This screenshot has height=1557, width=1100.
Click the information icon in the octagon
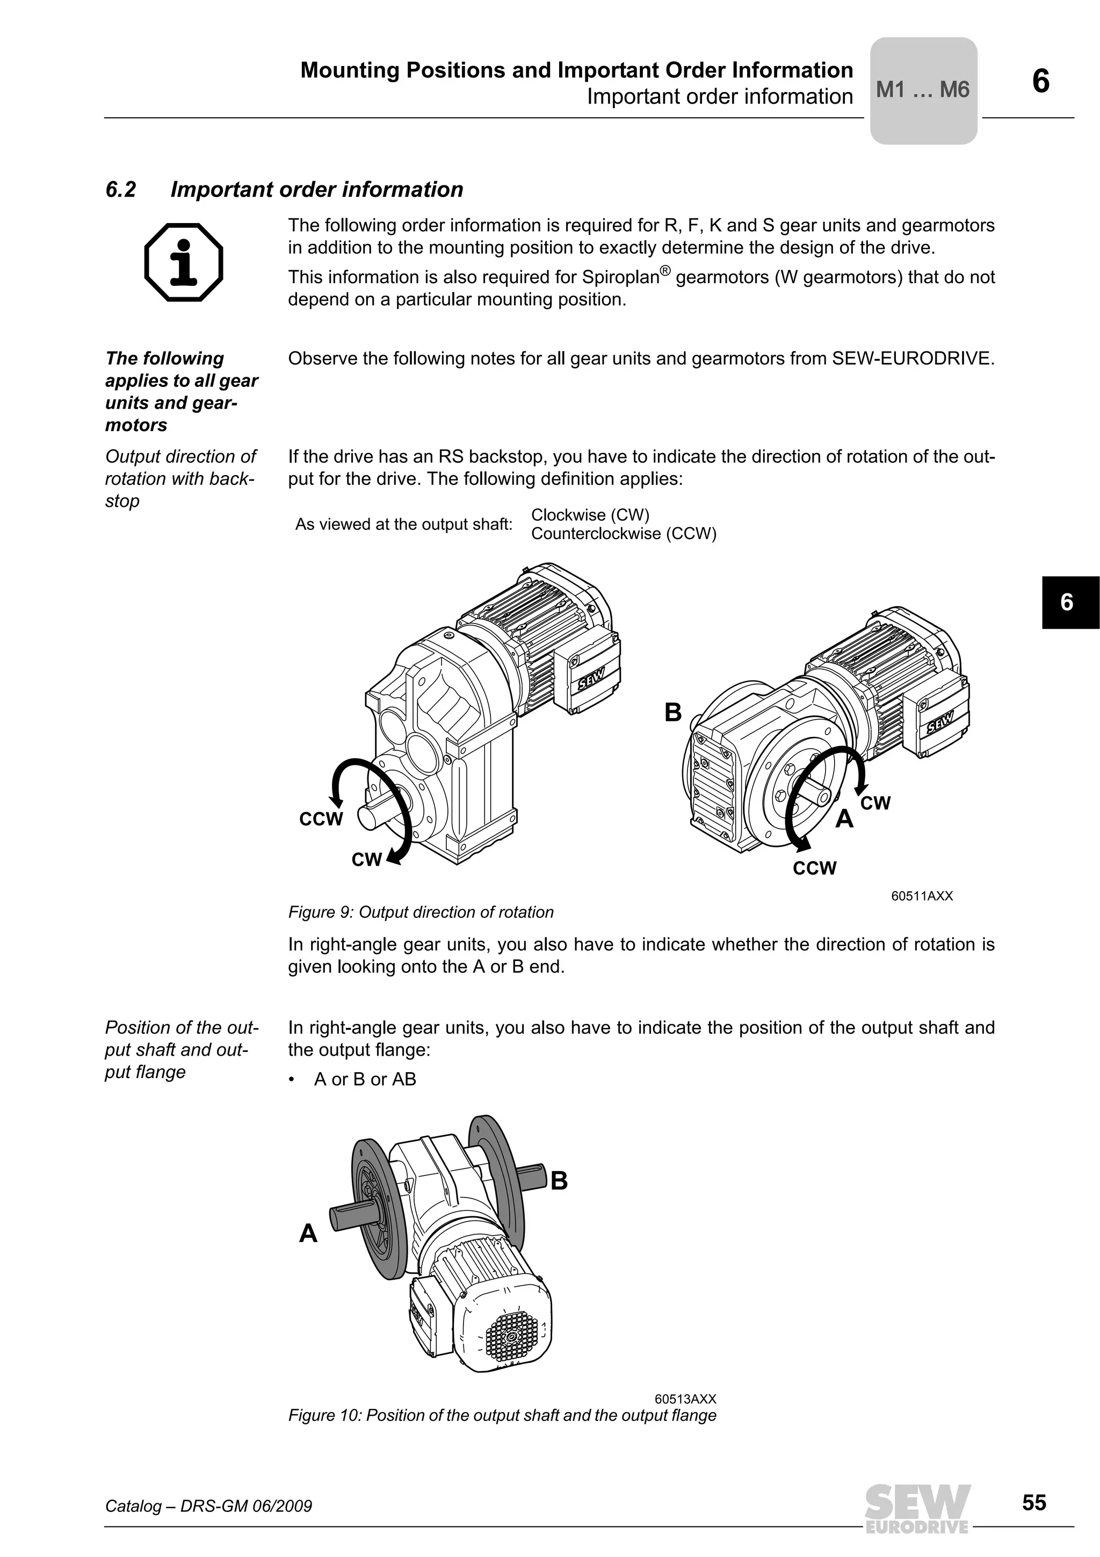(x=184, y=262)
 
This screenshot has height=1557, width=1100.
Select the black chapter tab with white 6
(x=1069, y=602)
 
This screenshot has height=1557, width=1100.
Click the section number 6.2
(x=121, y=189)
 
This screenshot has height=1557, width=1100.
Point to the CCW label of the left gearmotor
(x=321, y=819)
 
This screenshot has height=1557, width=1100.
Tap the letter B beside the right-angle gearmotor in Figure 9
(x=672, y=713)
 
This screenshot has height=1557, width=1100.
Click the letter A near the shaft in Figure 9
(x=844, y=819)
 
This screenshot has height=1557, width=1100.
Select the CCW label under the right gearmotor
(x=815, y=868)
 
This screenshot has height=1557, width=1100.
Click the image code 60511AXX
(x=922, y=896)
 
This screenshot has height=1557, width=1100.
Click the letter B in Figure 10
(x=559, y=1181)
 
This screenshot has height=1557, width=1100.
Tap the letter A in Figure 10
(x=308, y=1233)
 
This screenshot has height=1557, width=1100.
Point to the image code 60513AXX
(x=684, y=1399)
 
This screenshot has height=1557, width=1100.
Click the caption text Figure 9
(x=420, y=912)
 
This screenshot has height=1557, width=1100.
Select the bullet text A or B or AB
(x=365, y=1079)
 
